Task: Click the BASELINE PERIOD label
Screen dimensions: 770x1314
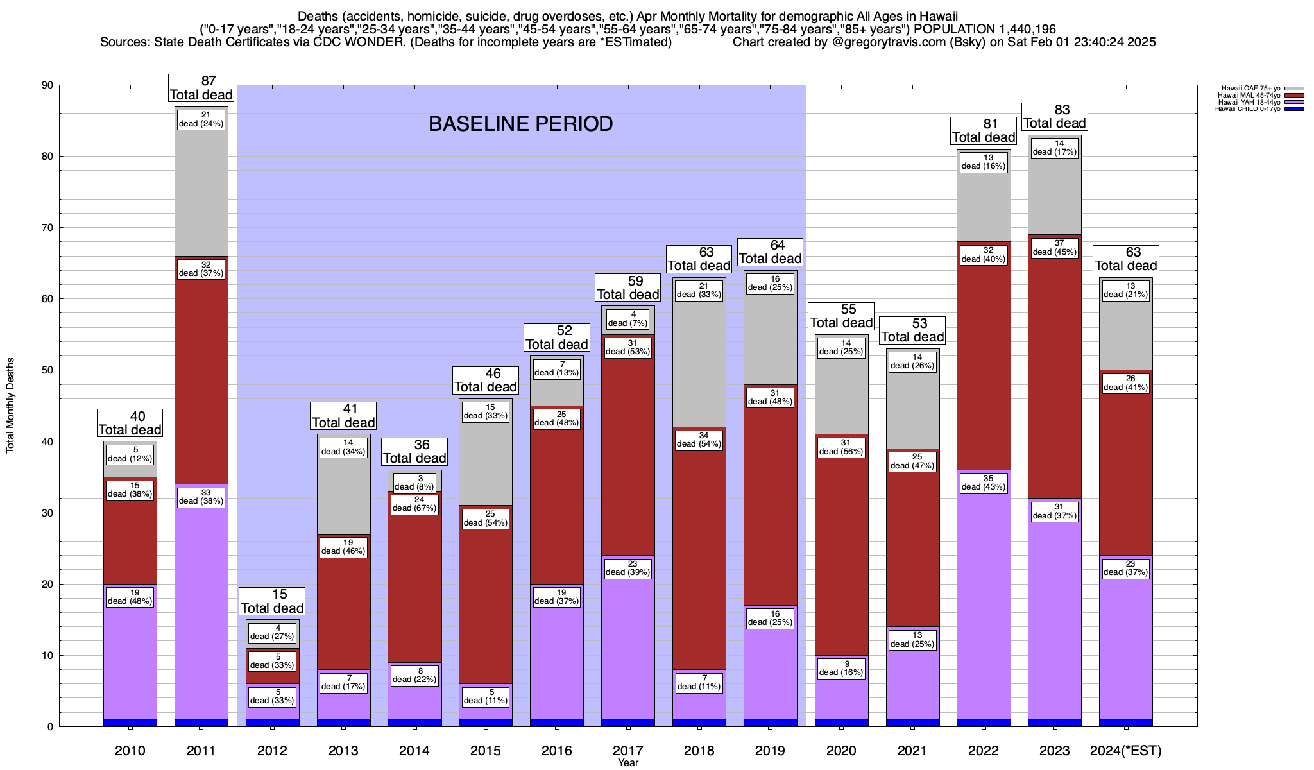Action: [x=520, y=124]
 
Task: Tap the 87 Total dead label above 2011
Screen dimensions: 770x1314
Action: [x=201, y=88]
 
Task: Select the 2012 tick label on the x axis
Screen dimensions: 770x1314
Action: [x=272, y=751]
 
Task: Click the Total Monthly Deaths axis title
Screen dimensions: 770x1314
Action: [x=11, y=406]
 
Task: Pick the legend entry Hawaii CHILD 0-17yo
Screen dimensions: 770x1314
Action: [x=1248, y=109]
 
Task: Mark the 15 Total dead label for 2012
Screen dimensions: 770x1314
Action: [x=272, y=601]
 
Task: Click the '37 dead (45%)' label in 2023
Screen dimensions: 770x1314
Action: [x=1055, y=248]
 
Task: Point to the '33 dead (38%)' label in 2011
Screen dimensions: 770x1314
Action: [x=201, y=497]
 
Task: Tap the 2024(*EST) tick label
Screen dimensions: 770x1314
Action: [x=1126, y=751]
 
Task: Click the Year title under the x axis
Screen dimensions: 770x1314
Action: [x=628, y=763]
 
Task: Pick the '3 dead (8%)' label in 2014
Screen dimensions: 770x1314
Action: [x=414, y=483]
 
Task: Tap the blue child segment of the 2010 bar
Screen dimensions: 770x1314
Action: [x=130, y=723]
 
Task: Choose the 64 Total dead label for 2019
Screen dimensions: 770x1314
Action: [x=770, y=252]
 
